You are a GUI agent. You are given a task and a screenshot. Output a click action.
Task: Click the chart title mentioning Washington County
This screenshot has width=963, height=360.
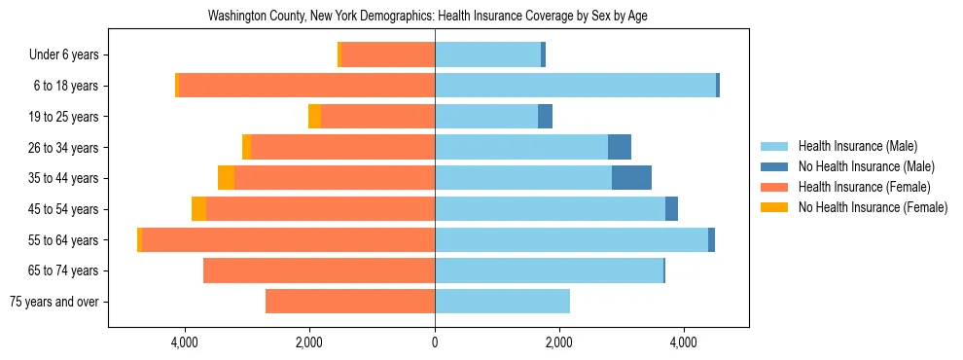click(428, 17)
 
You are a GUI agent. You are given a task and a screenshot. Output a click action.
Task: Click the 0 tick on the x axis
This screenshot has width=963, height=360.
click(435, 342)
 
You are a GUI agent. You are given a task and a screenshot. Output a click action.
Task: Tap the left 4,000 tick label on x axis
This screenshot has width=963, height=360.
click(185, 342)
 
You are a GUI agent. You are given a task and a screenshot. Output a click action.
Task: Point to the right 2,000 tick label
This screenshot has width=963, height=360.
click(558, 342)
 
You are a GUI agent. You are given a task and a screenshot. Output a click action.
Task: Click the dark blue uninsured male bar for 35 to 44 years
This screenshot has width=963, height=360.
click(631, 178)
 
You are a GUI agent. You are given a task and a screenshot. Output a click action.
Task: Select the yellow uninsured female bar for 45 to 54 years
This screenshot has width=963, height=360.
click(198, 209)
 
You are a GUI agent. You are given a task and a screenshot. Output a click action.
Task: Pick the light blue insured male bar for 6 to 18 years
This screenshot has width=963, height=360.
click(575, 86)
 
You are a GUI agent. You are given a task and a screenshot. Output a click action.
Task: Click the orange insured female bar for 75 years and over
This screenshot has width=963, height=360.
click(350, 302)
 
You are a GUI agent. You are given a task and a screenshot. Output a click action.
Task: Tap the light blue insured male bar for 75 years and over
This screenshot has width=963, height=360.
click(502, 302)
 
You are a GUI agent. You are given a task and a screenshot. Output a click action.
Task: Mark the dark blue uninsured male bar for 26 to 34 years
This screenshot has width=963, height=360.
click(620, 147)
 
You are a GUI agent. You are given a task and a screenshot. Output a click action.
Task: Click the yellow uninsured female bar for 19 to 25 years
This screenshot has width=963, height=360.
click(314, 117)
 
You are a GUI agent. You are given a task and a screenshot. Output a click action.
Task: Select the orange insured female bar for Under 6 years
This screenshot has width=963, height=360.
click(388, 55)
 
